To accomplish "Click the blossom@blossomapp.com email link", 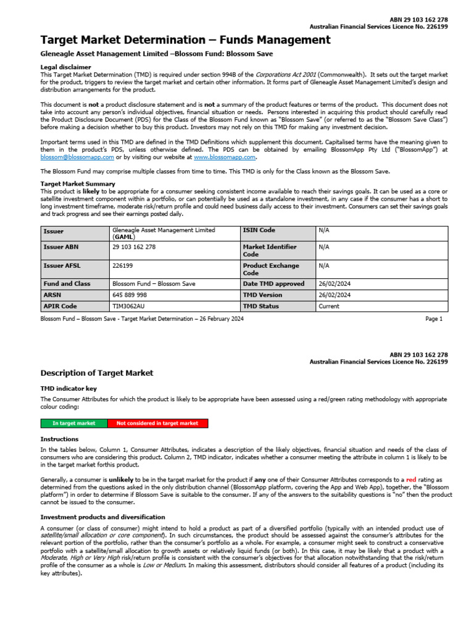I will pos(74,157).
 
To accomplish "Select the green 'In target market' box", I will pos(74,423).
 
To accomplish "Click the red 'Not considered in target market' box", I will pos(157,423).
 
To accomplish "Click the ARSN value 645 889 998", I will pos(130,295).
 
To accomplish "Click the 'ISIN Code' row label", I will pos(259,230).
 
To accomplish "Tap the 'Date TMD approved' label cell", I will pos(273,284).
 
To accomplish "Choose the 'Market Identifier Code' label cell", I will pos(270,250).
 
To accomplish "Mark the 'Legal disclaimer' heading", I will pos(65,67).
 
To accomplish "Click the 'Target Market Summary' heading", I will pos(77,184).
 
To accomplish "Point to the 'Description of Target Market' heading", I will pos(96,373).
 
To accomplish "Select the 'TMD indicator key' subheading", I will pos(69,390).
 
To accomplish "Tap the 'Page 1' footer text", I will pos(434,319).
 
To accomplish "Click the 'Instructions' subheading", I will pos(60,439).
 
